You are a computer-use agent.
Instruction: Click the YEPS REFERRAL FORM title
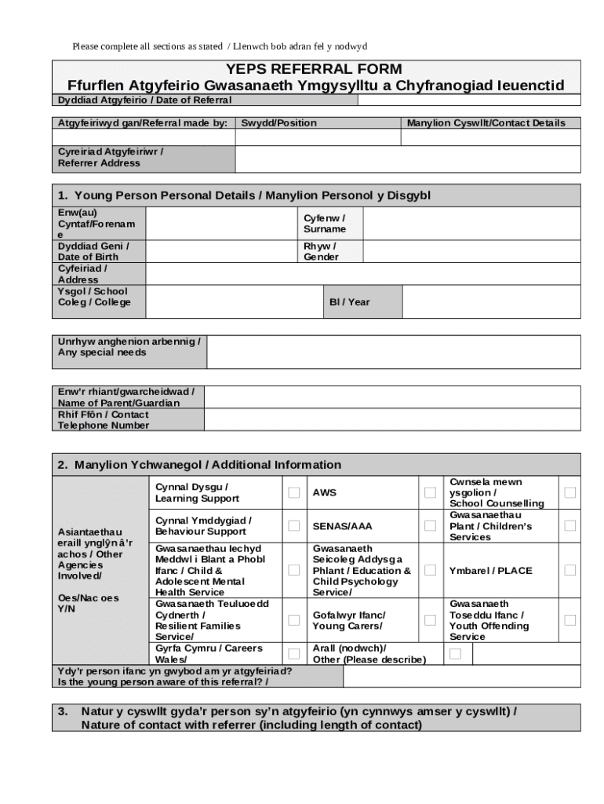[315, 69]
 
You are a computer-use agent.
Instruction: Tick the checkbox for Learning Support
[293, 493]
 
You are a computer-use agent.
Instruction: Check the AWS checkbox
[430, 493]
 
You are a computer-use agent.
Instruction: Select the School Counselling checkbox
[570, 493]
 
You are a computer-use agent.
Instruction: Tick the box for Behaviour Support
[293, 526]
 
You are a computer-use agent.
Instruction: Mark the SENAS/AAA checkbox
[430, 526]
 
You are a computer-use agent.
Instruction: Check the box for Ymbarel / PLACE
[570, 571]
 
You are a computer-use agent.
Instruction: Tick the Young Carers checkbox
[430, 620]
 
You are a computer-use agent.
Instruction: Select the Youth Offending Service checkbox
[570, 620]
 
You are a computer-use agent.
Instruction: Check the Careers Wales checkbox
[293, 653]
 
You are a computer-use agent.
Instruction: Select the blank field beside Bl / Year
[491, 302]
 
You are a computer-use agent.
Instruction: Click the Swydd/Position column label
[279, 123]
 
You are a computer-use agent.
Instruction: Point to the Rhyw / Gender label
[321, 252]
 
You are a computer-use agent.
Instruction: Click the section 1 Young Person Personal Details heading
[244, 196]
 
